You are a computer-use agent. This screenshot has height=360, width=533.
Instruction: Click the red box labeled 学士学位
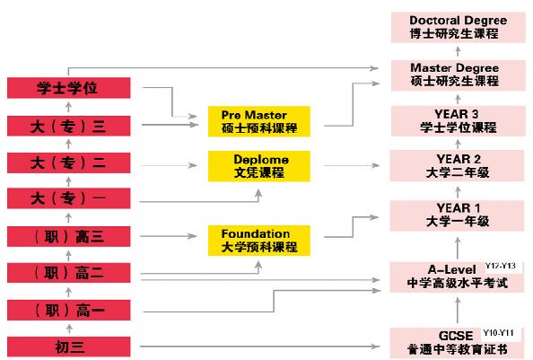click(x=69, y=88)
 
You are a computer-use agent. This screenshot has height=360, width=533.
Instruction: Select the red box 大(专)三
click(x=69, y=126)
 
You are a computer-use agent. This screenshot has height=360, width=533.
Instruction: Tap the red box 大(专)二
click(x=69, y=162)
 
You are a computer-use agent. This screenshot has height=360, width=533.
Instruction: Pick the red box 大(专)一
click(x=69, y=198)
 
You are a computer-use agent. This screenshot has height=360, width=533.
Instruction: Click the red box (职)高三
click(x=69, y=236)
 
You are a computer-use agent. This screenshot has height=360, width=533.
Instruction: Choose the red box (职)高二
click(x=69, y=273)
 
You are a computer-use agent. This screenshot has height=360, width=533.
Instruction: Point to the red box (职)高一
click(x=69, y=310)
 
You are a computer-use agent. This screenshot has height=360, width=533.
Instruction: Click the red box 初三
click(x=69, y=347)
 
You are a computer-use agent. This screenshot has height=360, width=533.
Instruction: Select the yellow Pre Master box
click(x=259, y=121)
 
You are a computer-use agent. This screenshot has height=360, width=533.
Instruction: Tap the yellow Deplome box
click(x=259, y=166)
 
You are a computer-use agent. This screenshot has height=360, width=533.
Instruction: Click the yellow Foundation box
click(x=259, y=241)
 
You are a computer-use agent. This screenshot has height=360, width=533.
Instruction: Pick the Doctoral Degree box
click(x=459, y=27)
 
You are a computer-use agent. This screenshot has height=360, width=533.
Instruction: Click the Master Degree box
click(x=459, y=75)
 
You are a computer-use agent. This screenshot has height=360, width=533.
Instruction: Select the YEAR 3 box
click(x=459, y=121)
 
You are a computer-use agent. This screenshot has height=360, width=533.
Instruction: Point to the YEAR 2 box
click(x=458, y=166)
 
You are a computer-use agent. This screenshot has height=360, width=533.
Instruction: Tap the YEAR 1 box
click(x=458, y=215)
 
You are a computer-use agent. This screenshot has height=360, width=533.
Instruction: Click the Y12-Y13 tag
click(x=501, y=266)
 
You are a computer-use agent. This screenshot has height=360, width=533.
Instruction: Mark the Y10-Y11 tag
click(x=498, y=333)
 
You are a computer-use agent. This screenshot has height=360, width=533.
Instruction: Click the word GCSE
click(x=456, y=336)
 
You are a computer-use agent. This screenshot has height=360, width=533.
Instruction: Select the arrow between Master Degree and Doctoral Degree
click(x=459, y=51)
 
